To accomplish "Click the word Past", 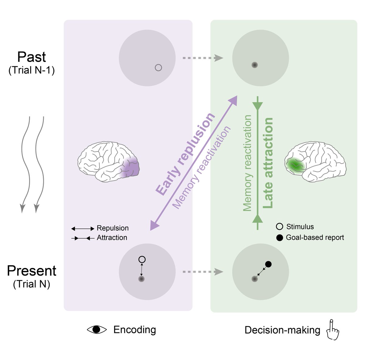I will [32, 57].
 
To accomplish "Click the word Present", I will [32, 271].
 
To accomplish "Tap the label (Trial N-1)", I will [32, 70].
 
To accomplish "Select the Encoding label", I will [134, 330].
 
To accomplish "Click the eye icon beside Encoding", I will [97, 330].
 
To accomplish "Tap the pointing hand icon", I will [332, 330].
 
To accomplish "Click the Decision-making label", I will [282, 330].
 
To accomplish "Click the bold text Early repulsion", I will [185, 154].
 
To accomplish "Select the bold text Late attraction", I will [268, 163].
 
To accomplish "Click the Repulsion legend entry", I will [113, 228].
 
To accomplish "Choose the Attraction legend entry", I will [112, 238].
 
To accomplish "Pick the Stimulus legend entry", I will [300, 227].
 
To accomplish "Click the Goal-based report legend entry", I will [315, 238].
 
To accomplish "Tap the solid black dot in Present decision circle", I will [268, 264].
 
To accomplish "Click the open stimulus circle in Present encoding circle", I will [142, 260].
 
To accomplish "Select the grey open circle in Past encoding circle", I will [158, 68].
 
